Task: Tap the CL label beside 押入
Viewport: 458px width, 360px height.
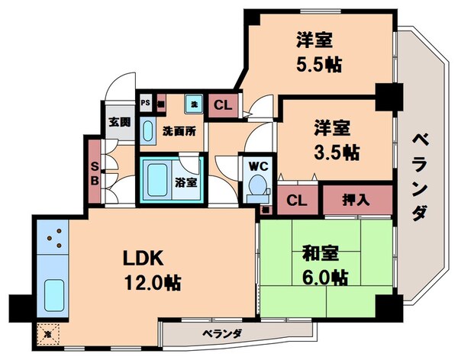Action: coord(294,201)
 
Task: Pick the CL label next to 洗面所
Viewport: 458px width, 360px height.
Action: coord(223,106)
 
